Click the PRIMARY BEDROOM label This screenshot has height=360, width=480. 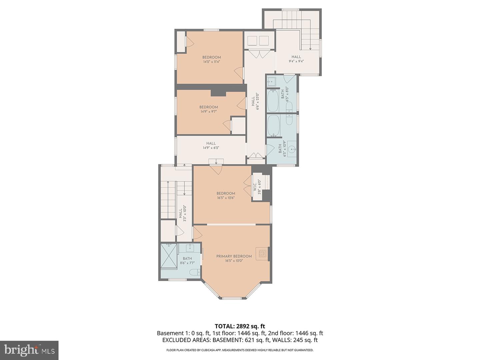coord(234,256)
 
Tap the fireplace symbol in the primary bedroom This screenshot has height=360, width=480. coord(262,254)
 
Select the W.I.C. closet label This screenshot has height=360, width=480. coord(259,185)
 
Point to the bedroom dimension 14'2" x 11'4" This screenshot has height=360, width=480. coord(212,62)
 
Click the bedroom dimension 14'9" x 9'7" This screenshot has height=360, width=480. coord(209,112)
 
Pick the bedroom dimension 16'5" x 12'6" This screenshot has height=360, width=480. coord(226,198)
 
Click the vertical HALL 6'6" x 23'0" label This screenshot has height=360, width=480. coord(255,101)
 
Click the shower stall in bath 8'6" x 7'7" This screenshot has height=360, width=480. coord(169,256)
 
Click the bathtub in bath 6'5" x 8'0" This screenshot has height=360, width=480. coord(273,101)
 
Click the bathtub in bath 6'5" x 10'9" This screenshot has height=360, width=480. coord(273,126)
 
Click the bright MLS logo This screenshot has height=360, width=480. coord(29,350)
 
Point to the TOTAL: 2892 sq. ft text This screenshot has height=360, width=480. coord(240,326)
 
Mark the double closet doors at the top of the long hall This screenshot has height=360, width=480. coord(259,54)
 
